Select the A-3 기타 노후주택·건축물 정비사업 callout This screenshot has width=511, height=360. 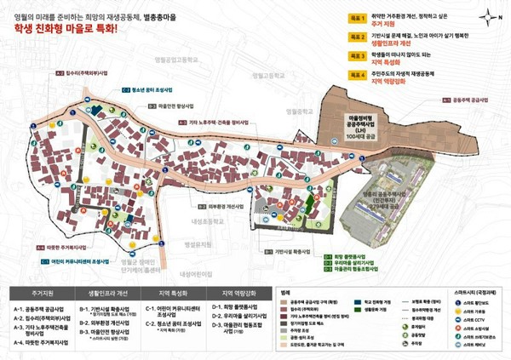(x=221, y=123)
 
